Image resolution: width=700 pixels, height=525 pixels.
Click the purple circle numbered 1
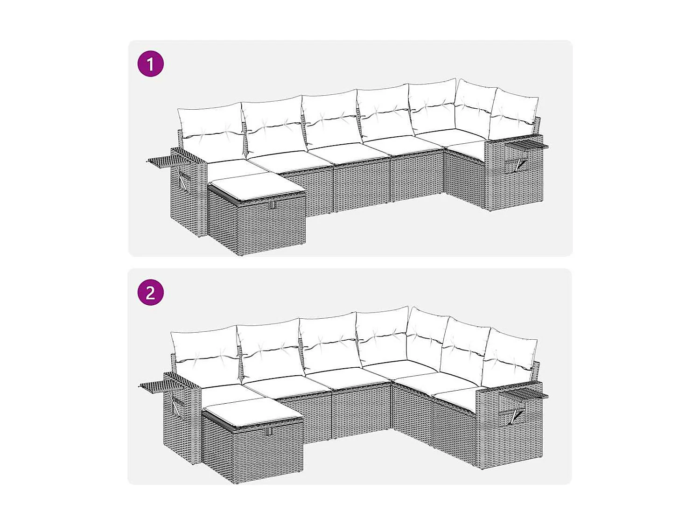click(x=150, y=64)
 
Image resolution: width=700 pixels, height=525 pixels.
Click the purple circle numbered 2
click(x=150, y=293)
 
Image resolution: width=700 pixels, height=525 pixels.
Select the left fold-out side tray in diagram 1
click(x=161, y=161)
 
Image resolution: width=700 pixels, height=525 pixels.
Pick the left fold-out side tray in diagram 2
click(x=154, y=385)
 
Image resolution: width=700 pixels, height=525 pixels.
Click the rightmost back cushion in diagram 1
click(x=513, y=114)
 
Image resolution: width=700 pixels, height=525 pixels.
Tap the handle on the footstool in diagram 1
click(x=273, y=204)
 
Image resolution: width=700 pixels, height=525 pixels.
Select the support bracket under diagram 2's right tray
click(x=516, y=413)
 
